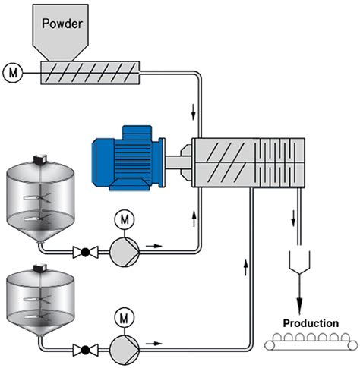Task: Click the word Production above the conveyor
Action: tap(311, 323)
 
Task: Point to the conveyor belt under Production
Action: tap(310, 345)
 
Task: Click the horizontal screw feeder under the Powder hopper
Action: tap(90, 73)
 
